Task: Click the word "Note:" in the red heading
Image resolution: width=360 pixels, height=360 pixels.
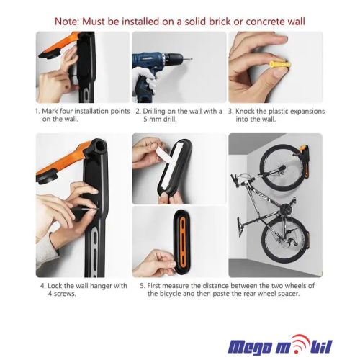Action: click(x=67, y=22)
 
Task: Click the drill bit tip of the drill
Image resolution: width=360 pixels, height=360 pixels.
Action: click(x=192, y=58)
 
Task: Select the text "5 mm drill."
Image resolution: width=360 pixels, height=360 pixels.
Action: click(x=160, y=120)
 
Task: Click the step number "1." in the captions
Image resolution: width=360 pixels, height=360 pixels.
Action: click(x=37, y=112)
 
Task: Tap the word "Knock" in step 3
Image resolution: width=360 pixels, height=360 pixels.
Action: click(x=245, y=112)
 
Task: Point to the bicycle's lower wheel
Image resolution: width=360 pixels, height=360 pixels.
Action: click(x=284, y=242)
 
